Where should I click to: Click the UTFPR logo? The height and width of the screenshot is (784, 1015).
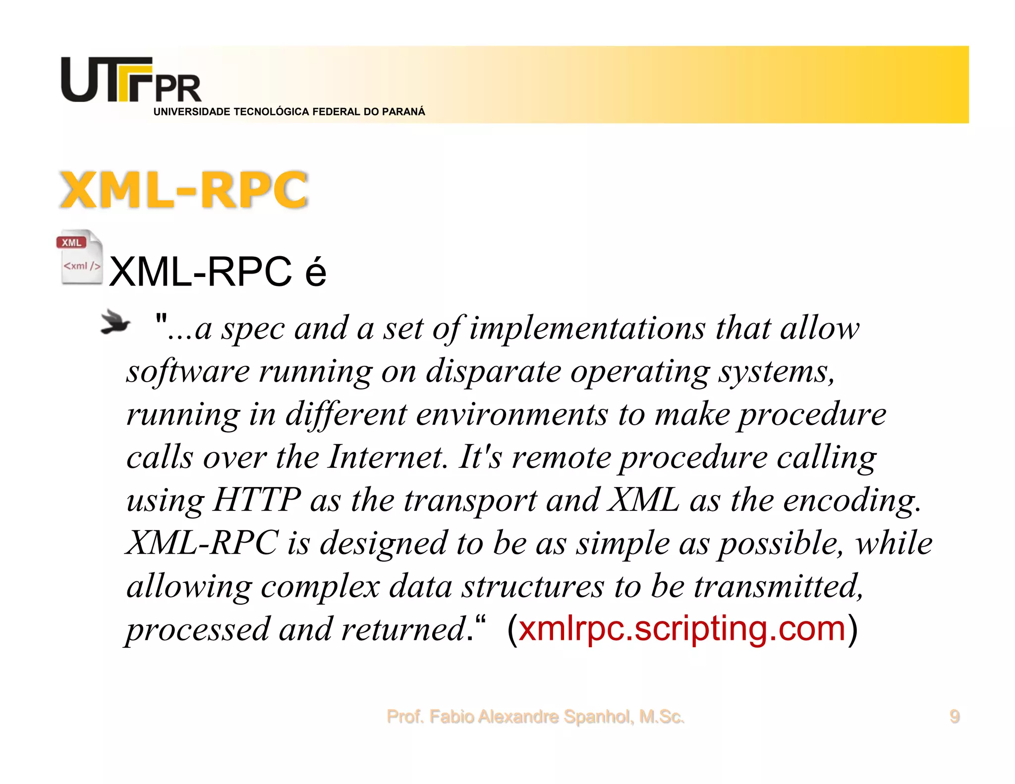[131, 80]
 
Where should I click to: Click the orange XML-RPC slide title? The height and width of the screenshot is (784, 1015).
[184, 190]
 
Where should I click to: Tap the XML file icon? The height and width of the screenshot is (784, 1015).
[80, 257]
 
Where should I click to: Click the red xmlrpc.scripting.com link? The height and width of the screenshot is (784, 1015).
[682, 628]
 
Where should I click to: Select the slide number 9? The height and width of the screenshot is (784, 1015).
[954, 717]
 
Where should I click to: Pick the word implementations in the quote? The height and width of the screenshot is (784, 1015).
[587, 328]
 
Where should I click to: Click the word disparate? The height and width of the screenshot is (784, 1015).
[493, 371]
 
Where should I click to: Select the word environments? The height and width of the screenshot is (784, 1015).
[511, 414]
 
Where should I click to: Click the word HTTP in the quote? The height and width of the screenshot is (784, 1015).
[257, 500]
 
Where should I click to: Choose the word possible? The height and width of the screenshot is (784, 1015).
[780, 543]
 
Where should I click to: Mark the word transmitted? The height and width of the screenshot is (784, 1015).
[778, 586]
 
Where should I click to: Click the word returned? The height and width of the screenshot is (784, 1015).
[403, 629]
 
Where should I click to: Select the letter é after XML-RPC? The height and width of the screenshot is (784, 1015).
[316, 273]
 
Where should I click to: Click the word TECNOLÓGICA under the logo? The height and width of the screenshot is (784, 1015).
[271, 112]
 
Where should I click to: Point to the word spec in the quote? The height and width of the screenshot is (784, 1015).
[252, 329]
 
